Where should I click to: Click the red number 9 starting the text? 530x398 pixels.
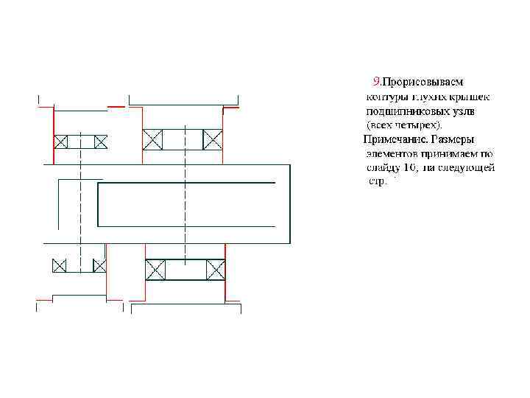pyautogui.click(x=376, y=82)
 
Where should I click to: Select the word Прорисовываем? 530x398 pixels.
pyautogui.click(x=423, y=82)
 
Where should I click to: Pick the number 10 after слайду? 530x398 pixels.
pyautogui.click(x=410, y=167)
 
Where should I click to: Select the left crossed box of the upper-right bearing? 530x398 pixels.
pyautogui.click(x=153, y=139)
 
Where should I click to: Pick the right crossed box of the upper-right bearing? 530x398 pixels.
pyautogui.click(x=213, y=139)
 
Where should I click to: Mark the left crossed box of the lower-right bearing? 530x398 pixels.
pyautogui.click(x=155, y=270)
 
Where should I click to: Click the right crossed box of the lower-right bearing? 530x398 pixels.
pyautogui.click(x=216, y=270)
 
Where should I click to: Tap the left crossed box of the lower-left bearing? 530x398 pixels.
pyautogui.click(x=59, y=265)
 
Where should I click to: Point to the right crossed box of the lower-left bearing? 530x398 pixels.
pyautogui.click(x=99, y=265)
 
